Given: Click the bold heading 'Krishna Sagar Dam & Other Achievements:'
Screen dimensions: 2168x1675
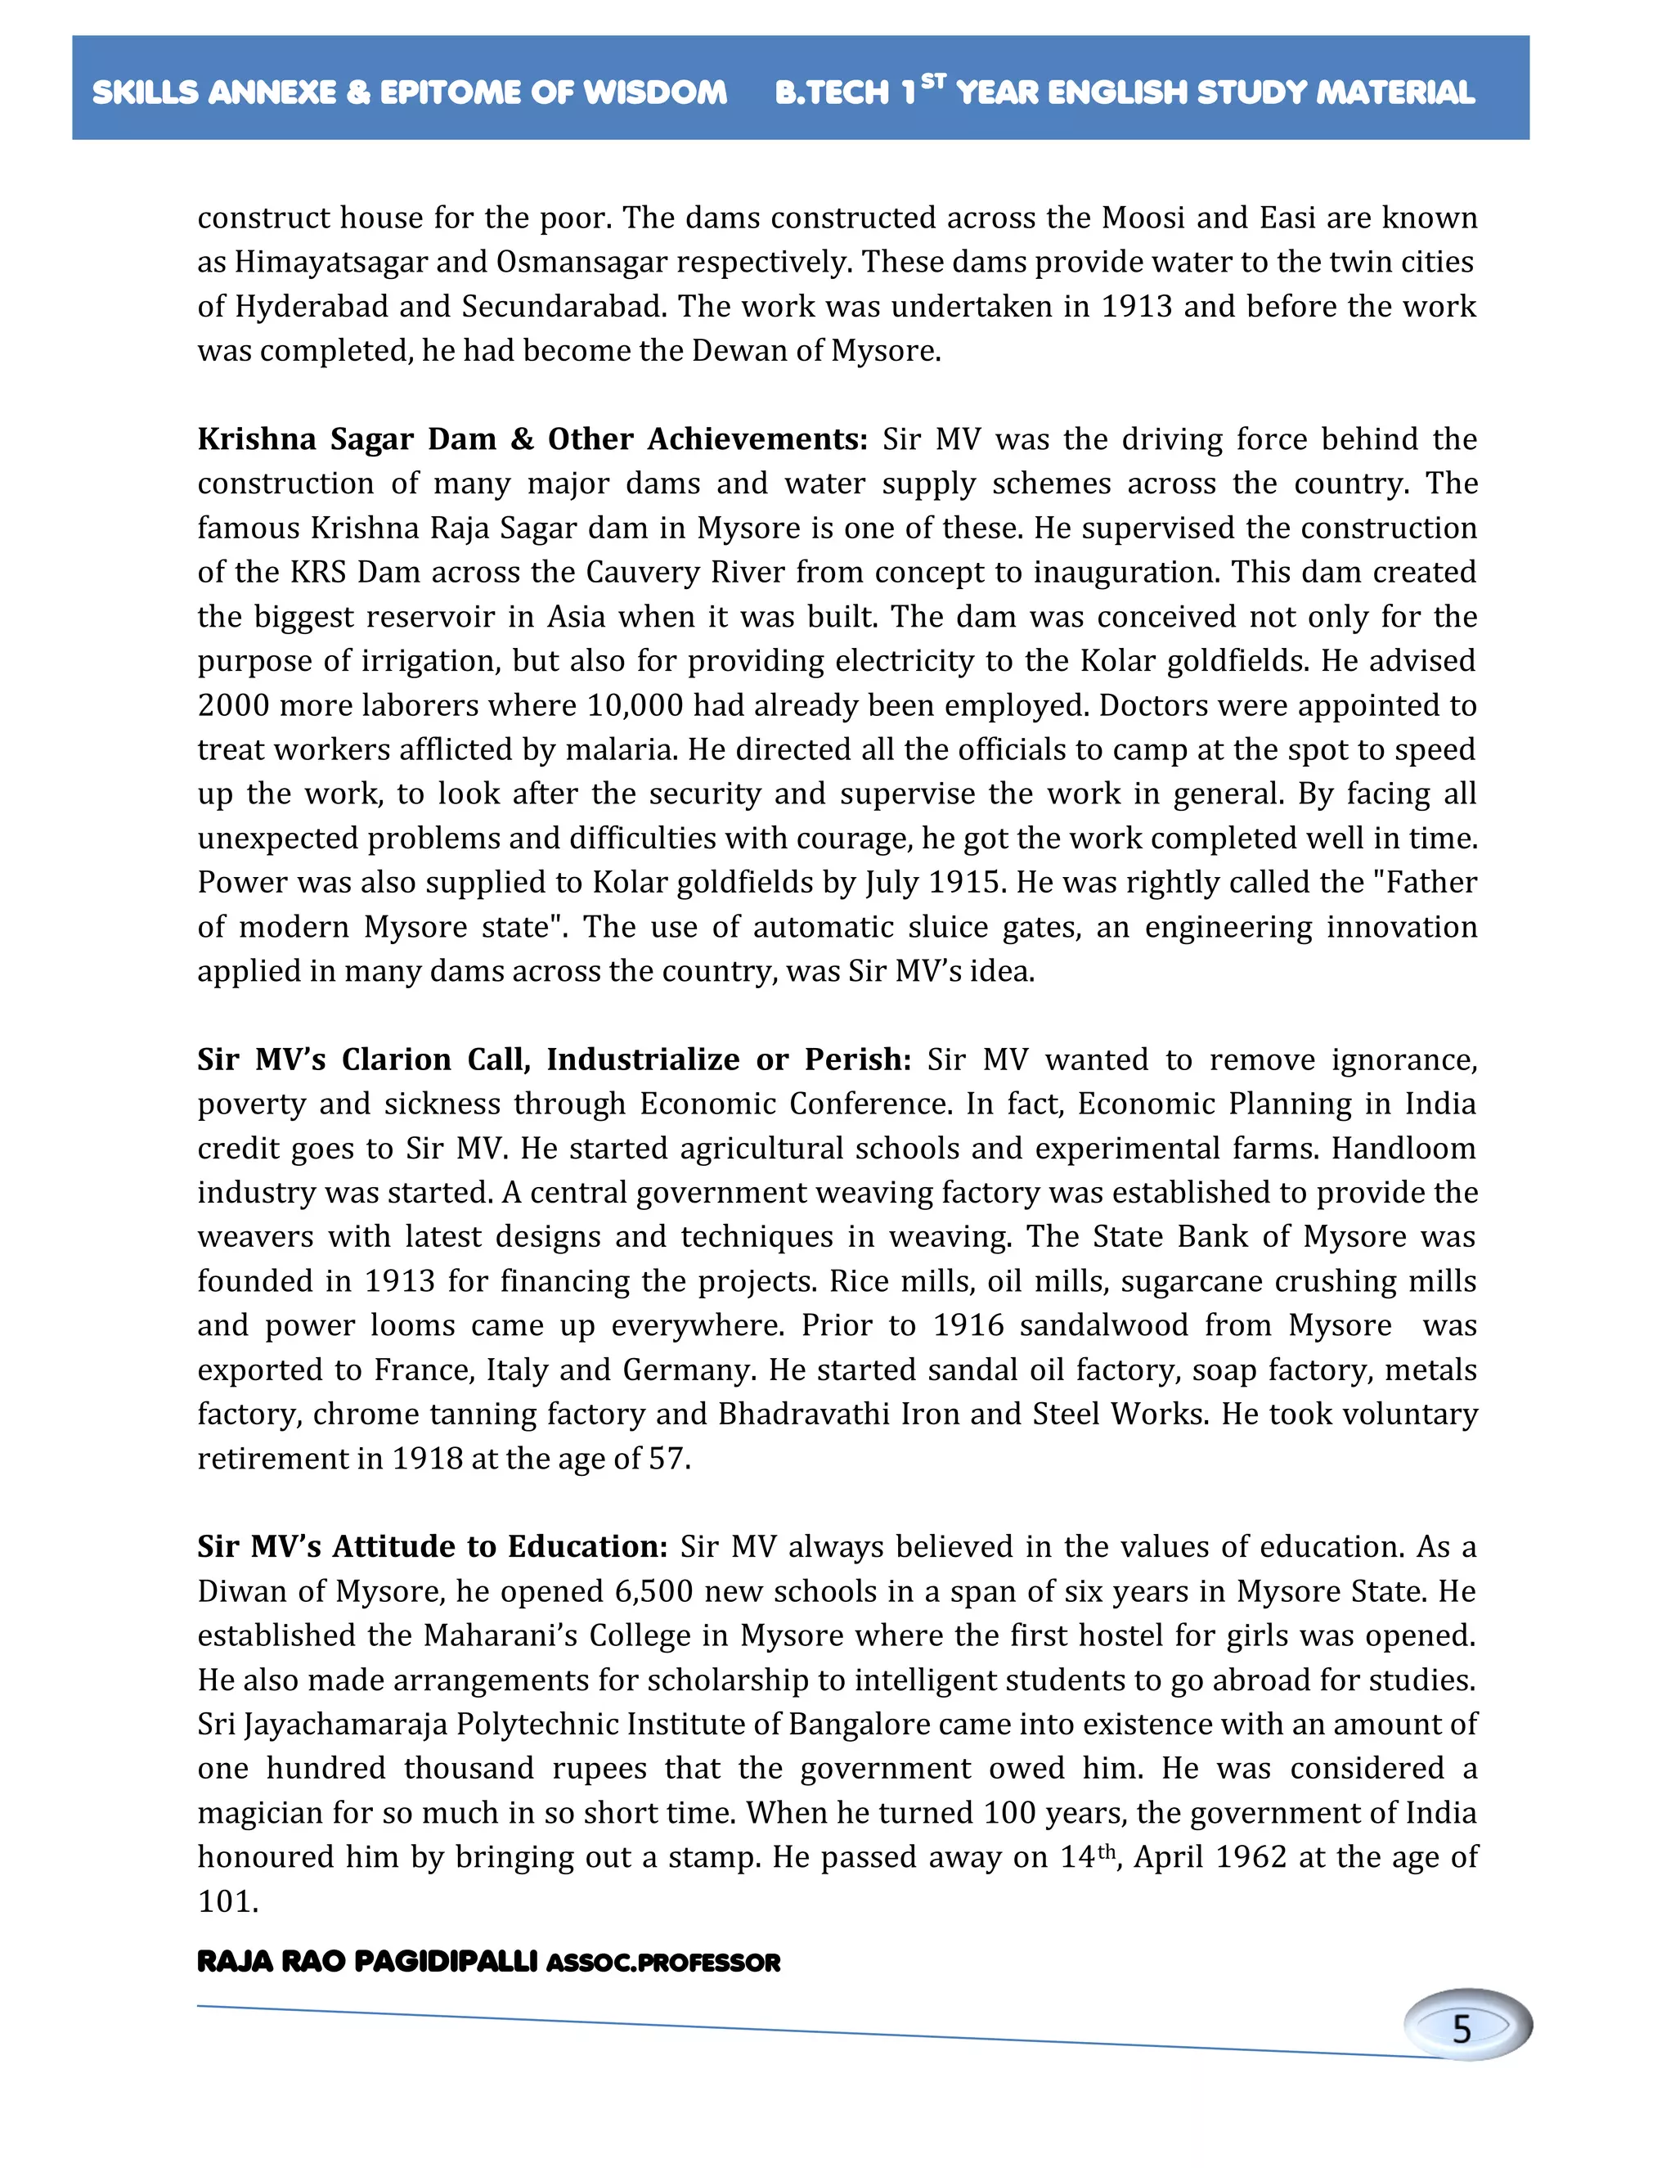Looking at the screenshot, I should [532, 439].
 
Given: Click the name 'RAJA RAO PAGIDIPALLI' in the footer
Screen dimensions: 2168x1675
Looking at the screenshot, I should [367, 1963].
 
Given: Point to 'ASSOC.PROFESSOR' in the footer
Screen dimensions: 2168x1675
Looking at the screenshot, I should [662, 1963].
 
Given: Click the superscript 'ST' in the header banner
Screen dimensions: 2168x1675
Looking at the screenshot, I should [932, 81].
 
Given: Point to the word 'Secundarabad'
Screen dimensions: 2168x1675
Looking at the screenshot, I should [564, 307].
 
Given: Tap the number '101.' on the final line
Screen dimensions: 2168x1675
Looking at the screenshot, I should [228, 1901].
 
